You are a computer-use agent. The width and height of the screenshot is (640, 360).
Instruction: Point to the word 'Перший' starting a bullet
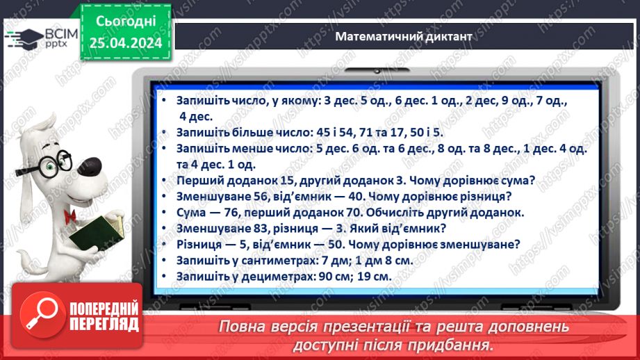coord(199,181)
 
